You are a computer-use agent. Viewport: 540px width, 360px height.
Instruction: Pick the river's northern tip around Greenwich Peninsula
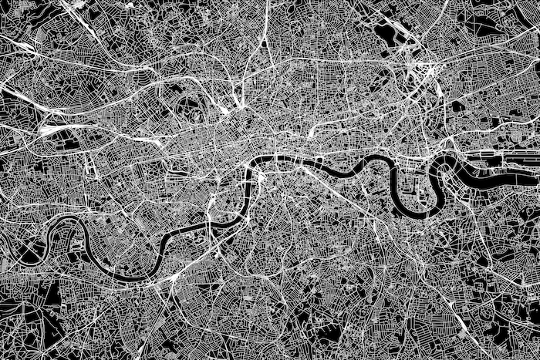point(447,159)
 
